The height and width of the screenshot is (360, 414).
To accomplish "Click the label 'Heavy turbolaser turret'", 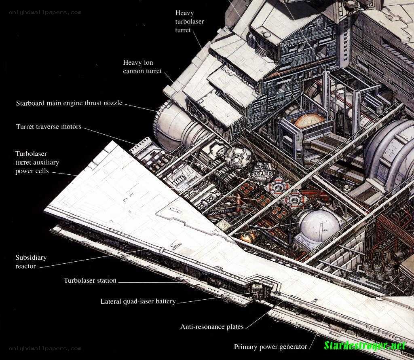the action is click(190, 21).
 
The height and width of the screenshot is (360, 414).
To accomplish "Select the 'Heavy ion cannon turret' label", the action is click(142, 67).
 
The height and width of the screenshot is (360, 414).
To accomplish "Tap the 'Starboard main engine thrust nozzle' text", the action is click(69, 103).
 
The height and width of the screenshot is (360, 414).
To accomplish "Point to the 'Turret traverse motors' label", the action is click(49, 127).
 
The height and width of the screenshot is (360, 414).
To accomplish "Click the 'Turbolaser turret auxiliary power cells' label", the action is click(37, 162).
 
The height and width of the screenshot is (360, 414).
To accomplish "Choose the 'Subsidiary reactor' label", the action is click(31, 261).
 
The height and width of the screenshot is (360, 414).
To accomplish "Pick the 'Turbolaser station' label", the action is click(90, 280).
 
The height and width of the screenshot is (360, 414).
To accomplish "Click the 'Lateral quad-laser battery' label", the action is click(138, 301).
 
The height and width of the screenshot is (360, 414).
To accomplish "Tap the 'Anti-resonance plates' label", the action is click(212, 327).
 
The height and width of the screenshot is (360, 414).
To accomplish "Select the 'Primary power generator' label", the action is click(270, 347).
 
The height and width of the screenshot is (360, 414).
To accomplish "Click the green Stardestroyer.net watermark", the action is click(365, 345).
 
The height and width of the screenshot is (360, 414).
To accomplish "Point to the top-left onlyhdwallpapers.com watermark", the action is click(45, 13).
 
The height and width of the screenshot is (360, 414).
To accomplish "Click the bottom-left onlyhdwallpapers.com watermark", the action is click(45, 349).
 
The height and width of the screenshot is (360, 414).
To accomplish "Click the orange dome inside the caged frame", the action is click(310, 121).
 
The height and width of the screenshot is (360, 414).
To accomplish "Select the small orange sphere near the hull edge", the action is click(248, 237).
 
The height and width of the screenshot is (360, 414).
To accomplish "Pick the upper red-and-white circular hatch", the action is click(277, 187).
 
